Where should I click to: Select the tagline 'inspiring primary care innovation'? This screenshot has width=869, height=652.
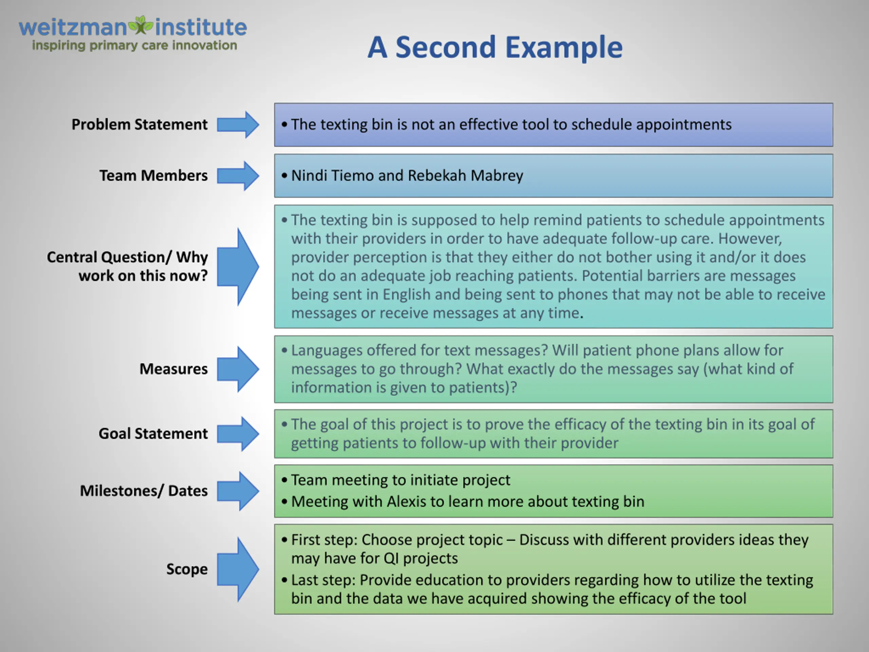pos(134,46)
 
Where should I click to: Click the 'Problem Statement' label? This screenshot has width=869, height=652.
pos(140,125)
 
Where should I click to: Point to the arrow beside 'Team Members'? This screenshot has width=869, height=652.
pos(238,176)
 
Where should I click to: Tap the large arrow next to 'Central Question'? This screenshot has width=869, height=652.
pos(238,267)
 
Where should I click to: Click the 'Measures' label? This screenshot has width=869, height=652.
pos(174,369)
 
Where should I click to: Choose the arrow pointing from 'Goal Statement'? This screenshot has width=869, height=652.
pos(238,434)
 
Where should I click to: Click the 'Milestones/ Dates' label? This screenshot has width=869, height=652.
pos(144,491)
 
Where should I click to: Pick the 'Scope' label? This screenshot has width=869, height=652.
pos(187,569)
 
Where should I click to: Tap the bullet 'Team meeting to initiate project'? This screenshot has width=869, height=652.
pos(401,480)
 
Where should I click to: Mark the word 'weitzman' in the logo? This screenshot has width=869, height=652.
pos(73,28)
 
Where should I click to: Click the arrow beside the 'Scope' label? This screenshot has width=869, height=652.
pos(238,569)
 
